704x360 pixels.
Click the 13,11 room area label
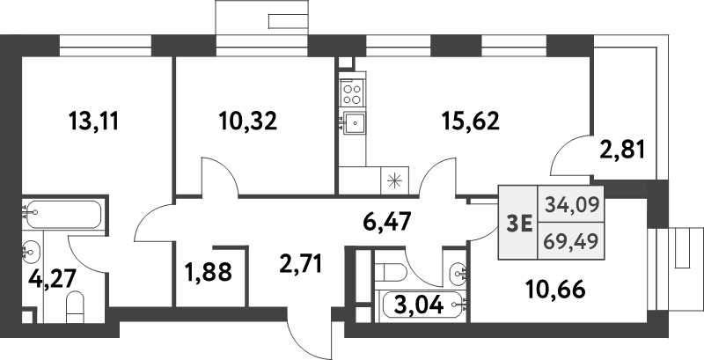[94, 121]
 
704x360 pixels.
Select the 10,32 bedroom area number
[248, 121]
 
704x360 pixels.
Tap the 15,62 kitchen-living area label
[470, 121]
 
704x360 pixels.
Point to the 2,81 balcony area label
[622, 150]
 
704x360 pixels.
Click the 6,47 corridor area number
[387, 222]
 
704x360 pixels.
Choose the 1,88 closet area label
[208, 272]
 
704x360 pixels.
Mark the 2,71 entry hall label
[300, 264]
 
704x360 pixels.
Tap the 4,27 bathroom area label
[52, 278]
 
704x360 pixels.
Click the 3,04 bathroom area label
[420, 306]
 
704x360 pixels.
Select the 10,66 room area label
[555, 290]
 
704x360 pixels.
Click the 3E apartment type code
[519, 223]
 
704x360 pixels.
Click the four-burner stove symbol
[353, 93]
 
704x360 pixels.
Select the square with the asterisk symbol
[394, 180]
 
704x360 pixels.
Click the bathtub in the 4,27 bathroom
[63, 215]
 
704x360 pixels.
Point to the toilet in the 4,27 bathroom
[75, 306]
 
